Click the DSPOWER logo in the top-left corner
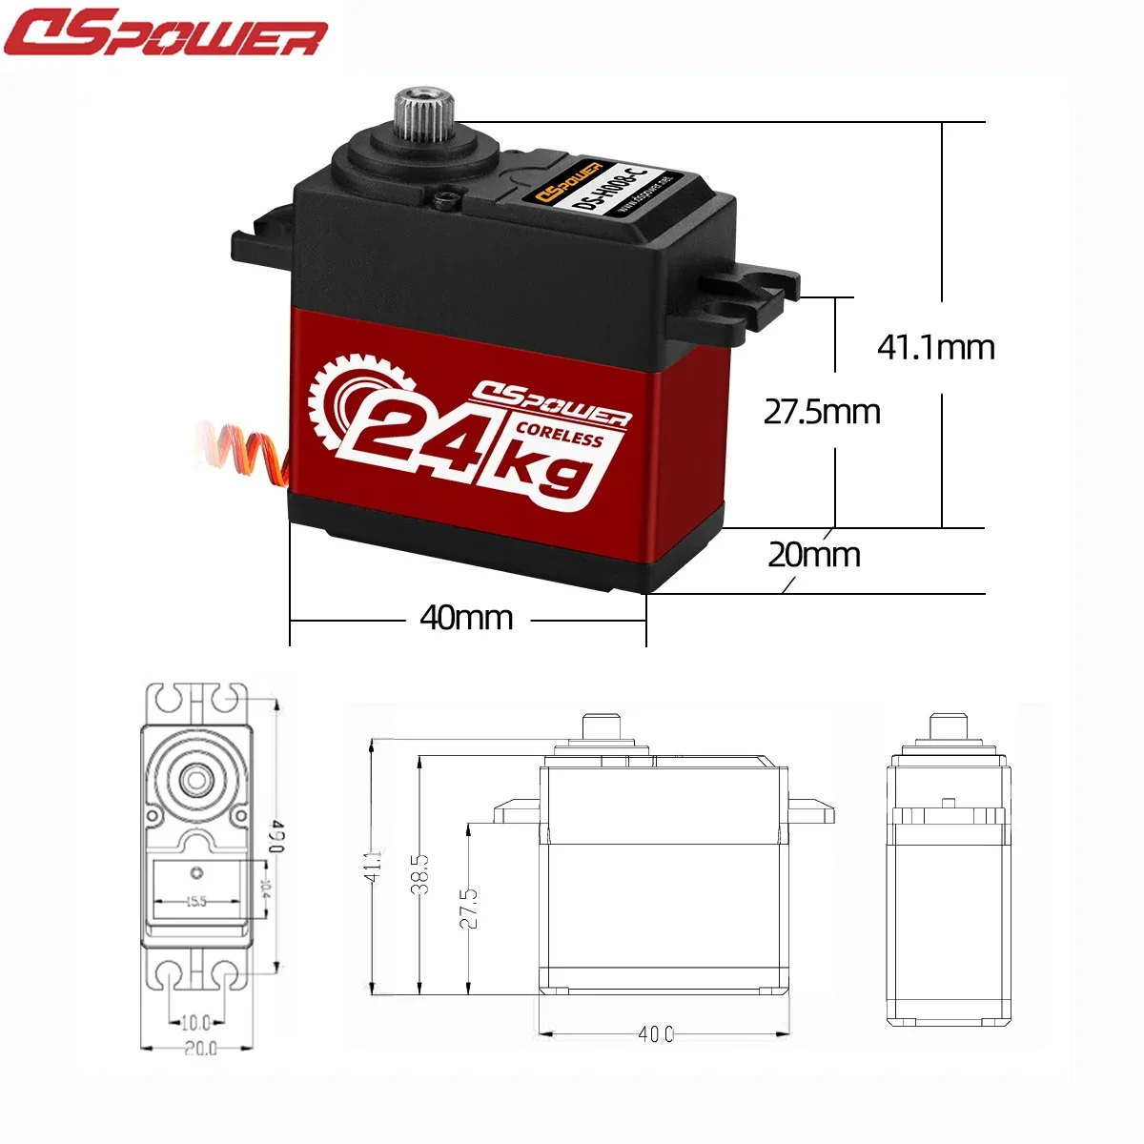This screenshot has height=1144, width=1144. [164, 33]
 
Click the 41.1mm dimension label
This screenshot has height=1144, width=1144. [935, 347]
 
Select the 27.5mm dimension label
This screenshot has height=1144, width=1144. [822, 412]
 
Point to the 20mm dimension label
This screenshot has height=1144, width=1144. [814, 555]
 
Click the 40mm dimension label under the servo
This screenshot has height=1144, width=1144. [466, 618]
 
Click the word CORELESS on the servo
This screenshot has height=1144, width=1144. [559, 434]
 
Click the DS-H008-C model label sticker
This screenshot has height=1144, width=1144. [610, 188]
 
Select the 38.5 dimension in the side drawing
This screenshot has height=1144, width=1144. [420, 872]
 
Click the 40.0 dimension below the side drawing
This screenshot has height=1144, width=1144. [656, 1033]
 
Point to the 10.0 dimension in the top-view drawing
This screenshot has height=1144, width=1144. [195, 1023]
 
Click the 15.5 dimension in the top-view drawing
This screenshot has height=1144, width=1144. [195, 901]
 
